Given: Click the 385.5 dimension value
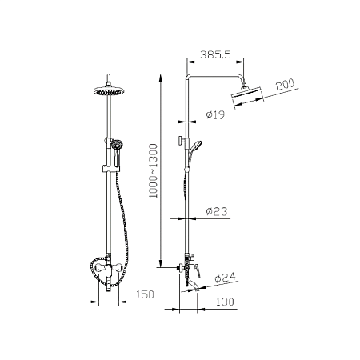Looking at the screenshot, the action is [x=215, y=54].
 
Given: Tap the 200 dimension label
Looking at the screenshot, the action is [x=285, y=85].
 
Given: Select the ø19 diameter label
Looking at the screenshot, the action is [x=215, y=114].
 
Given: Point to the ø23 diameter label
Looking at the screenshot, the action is [x=217, y=211].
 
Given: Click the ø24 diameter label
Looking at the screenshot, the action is [x=226, y=278].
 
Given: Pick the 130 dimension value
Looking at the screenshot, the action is [x=225, y=302].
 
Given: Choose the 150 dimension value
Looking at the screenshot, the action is [x=145, y=294].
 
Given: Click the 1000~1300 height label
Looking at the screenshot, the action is [x=154, y=171].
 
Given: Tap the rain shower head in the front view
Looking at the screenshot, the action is [x=108, y=91].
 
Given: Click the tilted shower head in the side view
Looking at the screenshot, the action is [x=247, y=94].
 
